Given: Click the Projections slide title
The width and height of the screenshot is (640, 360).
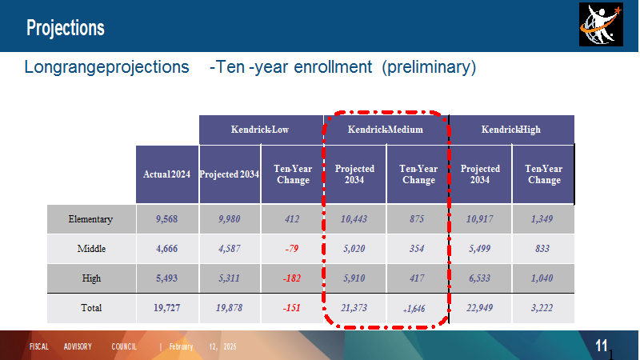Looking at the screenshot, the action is pos(66,28).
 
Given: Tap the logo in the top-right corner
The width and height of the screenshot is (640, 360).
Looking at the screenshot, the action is pos(601,25).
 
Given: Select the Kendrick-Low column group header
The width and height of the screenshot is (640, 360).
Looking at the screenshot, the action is pos(260,130).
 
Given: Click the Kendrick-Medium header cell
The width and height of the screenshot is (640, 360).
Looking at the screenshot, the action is pos(386,130).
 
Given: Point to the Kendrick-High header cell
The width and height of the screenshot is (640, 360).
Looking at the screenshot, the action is pos(511,130).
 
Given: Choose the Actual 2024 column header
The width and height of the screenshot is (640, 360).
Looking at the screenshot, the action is pos(167,174).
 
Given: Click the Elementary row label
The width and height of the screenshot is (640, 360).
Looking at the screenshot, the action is pos(90,219).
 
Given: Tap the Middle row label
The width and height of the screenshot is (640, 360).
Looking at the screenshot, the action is pos(91,249).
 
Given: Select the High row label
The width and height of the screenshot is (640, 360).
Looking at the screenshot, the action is pos(91,278).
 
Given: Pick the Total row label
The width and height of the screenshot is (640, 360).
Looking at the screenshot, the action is pos(91,308).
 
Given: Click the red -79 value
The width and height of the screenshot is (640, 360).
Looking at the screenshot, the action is pos(292,249).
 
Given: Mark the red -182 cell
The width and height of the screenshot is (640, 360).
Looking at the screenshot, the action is pos(292,278).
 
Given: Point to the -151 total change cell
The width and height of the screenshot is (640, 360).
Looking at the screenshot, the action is pos(292,308).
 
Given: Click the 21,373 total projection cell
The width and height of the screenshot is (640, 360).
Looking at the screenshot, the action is pos(354,308).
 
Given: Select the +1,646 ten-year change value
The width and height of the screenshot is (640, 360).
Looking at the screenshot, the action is pos(414,309).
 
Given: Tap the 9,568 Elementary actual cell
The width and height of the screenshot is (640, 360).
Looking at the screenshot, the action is pos(167,219).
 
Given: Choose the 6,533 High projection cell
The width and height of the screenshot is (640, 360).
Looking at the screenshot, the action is pos(479,278).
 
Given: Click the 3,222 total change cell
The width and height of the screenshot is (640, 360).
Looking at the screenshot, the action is pos(542,308).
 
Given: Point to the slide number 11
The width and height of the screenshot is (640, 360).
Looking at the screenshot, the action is pos(602,346).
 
